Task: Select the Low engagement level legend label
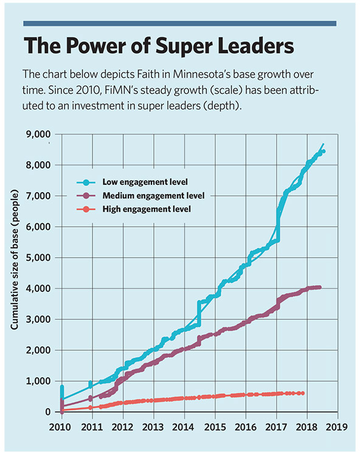(x=145, y=182)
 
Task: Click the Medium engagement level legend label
(x=153, y=196)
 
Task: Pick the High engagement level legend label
(x=147, y=209)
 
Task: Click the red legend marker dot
(x=86, y=209)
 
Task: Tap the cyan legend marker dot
(x=86, y=182)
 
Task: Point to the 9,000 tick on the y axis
(x=38, y=134)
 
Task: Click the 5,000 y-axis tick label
(x=38, y=258)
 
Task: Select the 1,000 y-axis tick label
(x=38, y=381)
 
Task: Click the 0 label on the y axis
(x=47, y=412)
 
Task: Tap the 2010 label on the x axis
(x=60, y=427)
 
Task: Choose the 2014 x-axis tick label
(x=183, y=427)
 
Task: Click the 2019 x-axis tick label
(x=336, y=427)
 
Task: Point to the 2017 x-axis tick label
(x=276, y=427)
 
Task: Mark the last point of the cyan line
(x=324, y=151)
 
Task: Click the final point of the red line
(x=303, y=393)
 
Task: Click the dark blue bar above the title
(x=180, y=24)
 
